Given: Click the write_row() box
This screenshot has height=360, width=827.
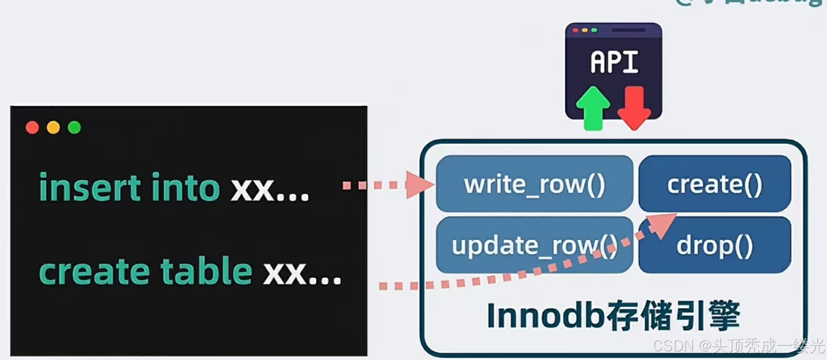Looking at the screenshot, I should click(x=534, y=184).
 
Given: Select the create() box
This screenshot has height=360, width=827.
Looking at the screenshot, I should click(x=714, y=184).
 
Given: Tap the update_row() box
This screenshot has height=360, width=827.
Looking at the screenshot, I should click(x=534, y=245).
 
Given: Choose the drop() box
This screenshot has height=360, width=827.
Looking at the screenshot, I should click(x=714, y=245).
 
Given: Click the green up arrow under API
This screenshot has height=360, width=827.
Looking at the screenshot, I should click(x=593, y=109).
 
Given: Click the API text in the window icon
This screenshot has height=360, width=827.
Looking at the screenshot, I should click(x=614, y=62).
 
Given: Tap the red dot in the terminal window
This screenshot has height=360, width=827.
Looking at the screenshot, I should click(x=32, y=127).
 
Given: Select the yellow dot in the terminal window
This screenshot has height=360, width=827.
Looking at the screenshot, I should click(x=53, y=127).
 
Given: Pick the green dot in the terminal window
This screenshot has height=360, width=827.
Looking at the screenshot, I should click(x=74, y=127).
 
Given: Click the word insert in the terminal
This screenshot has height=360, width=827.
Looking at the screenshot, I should click(x=90, y=187).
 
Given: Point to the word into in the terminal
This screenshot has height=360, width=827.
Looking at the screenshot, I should click(x=185, y=187).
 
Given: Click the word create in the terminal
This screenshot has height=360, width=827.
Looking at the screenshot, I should click(x=94, y=272).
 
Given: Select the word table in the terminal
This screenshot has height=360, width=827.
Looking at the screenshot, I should click(x=206, y=271).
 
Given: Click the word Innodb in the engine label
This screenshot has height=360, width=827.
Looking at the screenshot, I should click(x=545, y=316).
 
